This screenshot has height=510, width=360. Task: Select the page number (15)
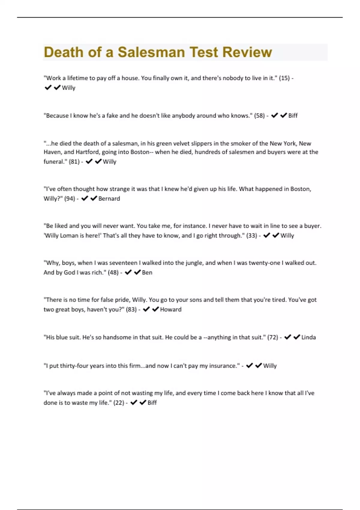pos(284,78)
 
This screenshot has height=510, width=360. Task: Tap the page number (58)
pos(259,115)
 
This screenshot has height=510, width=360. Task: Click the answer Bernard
pos(109,199)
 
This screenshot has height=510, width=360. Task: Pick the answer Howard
pos(171,310)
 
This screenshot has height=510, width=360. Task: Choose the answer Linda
pos(308,337)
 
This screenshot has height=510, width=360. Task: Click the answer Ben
pos(147,272)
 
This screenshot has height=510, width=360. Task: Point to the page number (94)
pos(69,199)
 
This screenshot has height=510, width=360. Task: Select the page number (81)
pos(74,162)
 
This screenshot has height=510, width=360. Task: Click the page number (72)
pos(272,337)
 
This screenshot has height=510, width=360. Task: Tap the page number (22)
pos(118,403)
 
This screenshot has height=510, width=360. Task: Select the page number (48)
pos(113,272)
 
